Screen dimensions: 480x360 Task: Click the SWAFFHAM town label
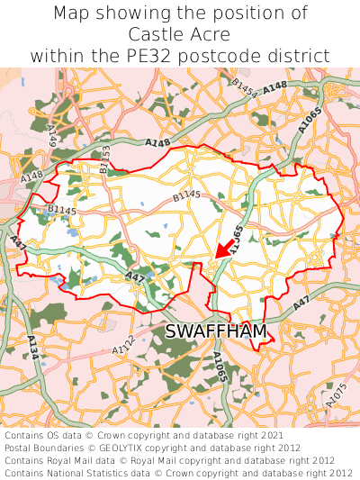pos(216,332)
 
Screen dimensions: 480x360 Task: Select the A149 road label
pos(52,136)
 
